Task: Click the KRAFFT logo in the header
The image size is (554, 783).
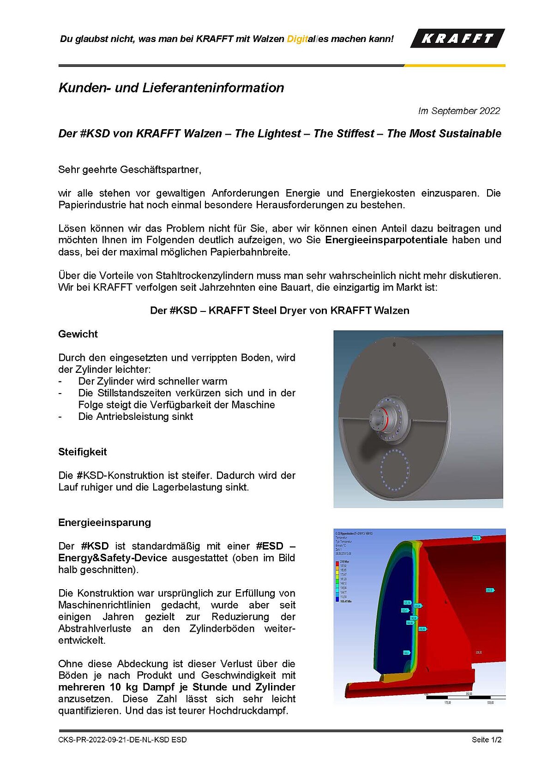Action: (x=457, y=38)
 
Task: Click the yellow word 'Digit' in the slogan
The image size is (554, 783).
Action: (x=297, y=39)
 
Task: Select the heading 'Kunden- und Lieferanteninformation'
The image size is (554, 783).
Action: (x=171, y=88)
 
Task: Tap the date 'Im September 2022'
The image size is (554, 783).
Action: (x=459, y=111)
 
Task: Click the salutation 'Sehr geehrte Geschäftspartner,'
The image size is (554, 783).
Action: (x=130, y=169)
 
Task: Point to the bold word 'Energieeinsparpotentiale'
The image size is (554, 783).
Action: (x=386, y=240)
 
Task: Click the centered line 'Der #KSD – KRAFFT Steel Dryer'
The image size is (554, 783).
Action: (x=279, y=311)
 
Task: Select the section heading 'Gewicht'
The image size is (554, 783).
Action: (x=78, y=334)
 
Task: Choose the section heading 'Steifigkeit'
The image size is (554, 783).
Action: (x=83, y=452)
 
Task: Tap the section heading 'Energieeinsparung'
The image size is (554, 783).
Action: (x=105, y=522)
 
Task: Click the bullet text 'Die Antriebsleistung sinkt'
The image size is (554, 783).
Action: (x=135, y=417)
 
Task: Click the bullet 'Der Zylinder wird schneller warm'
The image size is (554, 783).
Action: (x=152, y=382)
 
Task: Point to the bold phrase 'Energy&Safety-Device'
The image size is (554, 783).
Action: (x=113, y=558)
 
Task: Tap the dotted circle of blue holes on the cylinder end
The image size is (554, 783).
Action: (x=395, y=470)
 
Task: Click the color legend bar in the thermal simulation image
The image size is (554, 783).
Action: (x=337, y=581)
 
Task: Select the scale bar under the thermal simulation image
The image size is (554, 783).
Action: (x=462, y=698)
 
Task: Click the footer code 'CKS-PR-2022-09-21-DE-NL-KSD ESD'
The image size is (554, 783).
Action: (x=122, y=740)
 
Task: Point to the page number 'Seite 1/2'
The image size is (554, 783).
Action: (x=487, y=740)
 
